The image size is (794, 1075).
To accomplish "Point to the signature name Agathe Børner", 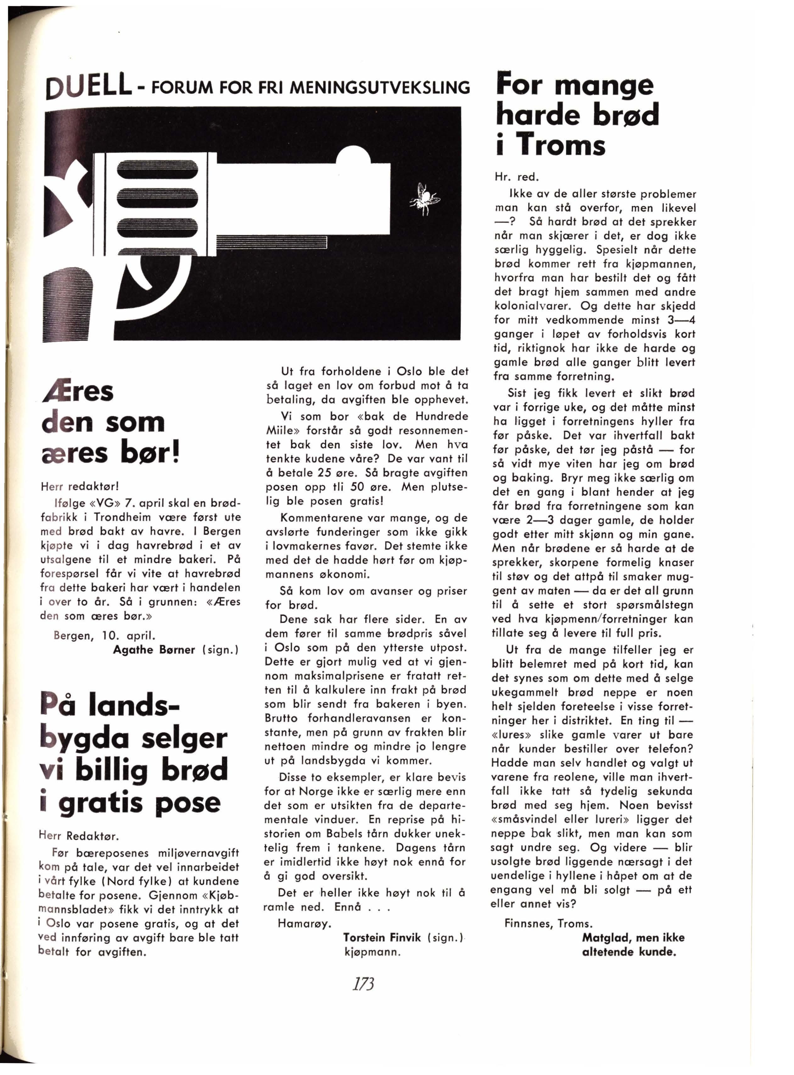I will [x=154, y=650].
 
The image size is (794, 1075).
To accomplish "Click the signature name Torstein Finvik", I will [x=382, y=937].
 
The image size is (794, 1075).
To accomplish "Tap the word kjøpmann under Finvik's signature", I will [x=372, y=951].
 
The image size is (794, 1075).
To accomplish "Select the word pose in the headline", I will [x=188, y=803].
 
